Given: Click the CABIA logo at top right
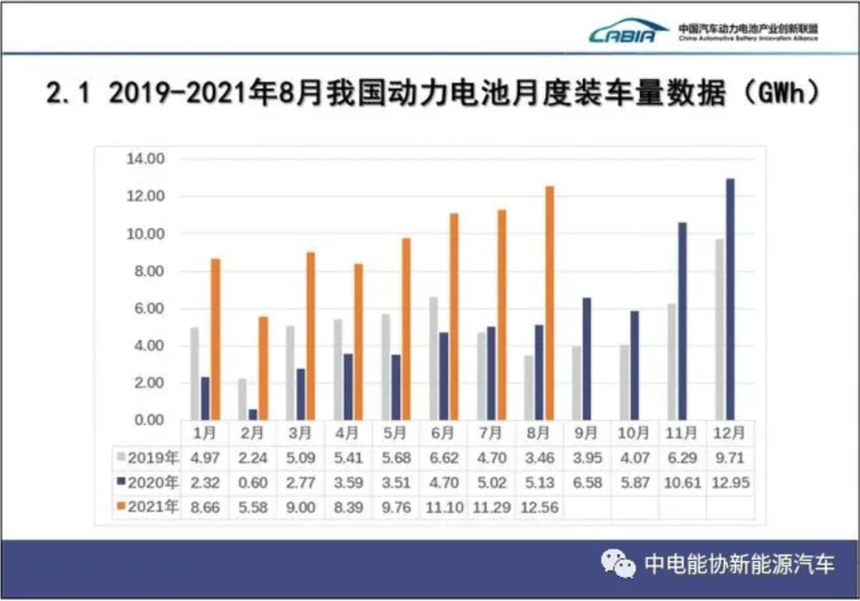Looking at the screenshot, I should click(629, 33).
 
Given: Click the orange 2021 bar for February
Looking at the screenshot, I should click(263, 368).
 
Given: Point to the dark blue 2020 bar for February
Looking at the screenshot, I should click(253, 414).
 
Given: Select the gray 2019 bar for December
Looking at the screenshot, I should click(719, 328).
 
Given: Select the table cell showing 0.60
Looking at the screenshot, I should click(252, 483).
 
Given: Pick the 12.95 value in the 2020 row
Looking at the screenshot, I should click(730, 483).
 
